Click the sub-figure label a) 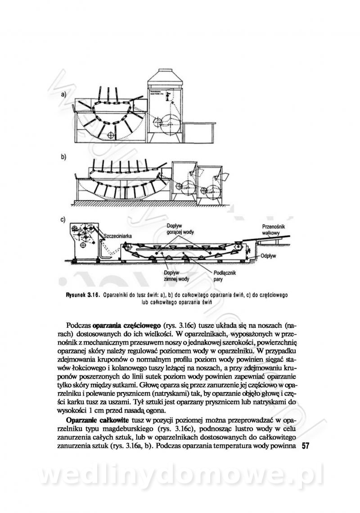click(63, 94)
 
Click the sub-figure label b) click(63, 157)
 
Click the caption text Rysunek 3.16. click(81, 295)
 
